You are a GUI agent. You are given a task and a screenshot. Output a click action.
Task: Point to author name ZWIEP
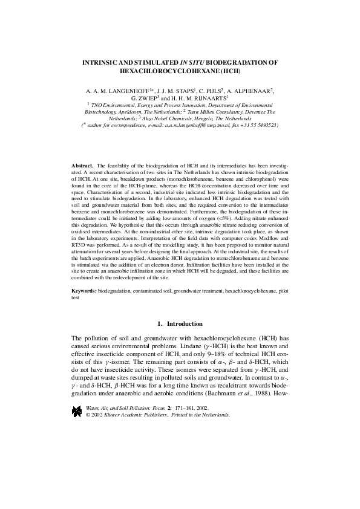146,97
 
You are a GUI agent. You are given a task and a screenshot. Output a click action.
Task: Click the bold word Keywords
85,291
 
